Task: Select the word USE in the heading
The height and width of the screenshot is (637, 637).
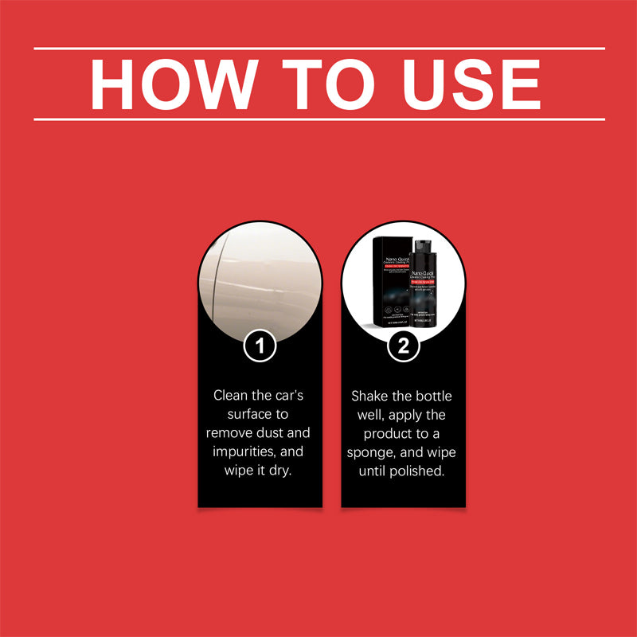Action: click(x=468, y=84)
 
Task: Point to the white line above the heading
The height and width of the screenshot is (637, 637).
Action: click(x=318, y=48)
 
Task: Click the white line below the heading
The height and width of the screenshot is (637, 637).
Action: click(x=318, y=119)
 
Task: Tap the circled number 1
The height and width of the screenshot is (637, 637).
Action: click(x=260, y=346)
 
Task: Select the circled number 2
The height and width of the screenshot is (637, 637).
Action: click(x=404, y=346)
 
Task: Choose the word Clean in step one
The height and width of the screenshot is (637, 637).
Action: click(x=232, y=396)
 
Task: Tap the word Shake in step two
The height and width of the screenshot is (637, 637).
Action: click(x=371, y=396)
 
